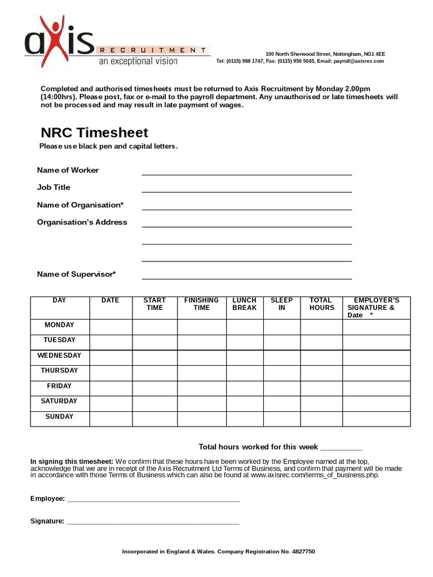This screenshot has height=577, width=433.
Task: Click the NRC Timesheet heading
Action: pos(94,133)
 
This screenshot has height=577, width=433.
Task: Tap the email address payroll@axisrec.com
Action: pos(359,61)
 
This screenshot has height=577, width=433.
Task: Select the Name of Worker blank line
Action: pos(246,171)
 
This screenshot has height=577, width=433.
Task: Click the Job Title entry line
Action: pos(246,189)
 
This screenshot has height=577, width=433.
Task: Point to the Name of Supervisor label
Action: pos(76,274)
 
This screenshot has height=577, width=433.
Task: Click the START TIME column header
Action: pos(154,304)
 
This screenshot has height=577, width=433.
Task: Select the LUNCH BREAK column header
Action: pos(244,304)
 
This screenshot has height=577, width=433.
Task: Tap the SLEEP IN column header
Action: pos(281,304)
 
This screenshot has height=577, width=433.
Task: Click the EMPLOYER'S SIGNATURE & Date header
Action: pos(376,308)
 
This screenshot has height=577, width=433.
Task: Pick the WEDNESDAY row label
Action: pos(59,356)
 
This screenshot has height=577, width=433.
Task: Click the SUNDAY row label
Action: pos(59,417)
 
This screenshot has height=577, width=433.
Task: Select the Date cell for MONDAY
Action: pos(111,327)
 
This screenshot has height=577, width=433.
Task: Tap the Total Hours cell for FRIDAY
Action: pos(321,388)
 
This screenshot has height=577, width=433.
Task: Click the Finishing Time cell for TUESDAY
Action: pos(201,342)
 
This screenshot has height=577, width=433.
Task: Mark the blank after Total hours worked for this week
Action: pos(341,448)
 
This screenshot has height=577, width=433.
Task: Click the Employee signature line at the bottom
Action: pos(153,500)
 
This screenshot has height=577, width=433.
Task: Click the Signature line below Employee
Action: pos(153,522)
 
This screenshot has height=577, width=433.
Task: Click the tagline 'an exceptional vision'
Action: pos(138,61)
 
